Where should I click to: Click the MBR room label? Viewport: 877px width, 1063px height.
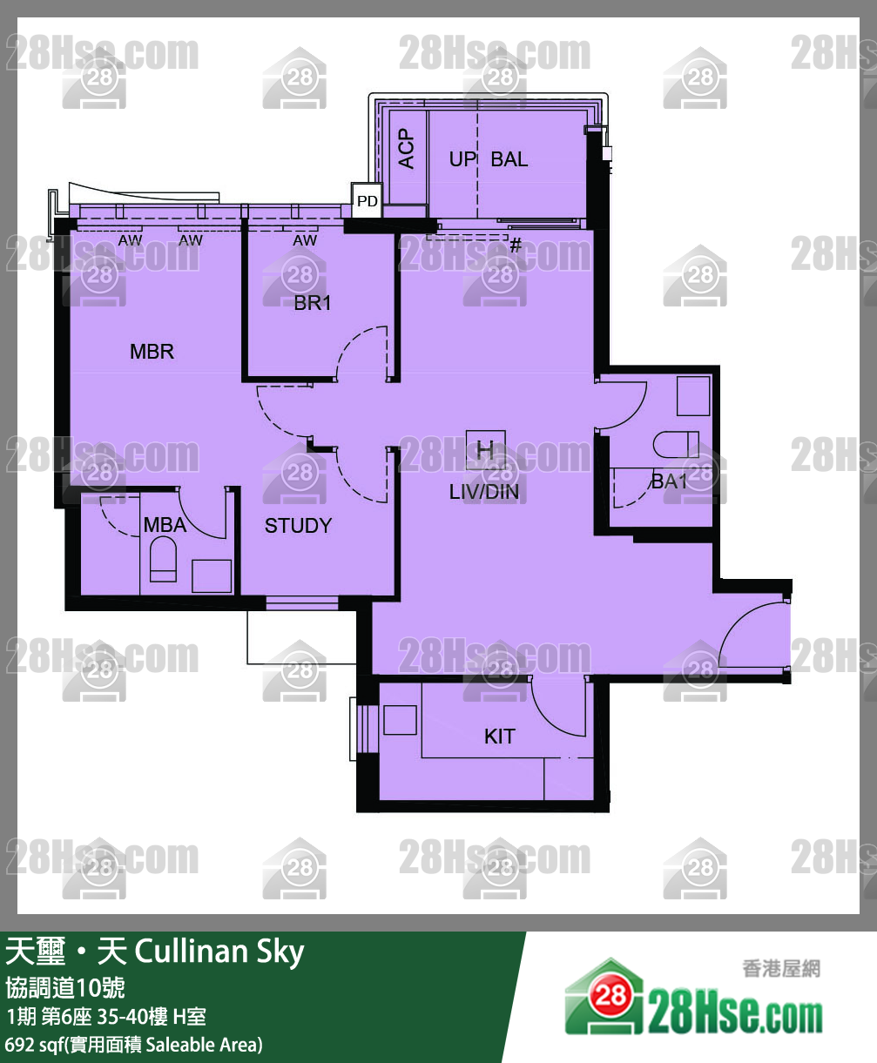(152, 351)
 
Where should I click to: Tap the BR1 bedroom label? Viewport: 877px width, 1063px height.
(312, 303)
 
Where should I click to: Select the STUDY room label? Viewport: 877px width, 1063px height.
(298, 525)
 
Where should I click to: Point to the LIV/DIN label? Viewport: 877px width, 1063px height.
(484, 492)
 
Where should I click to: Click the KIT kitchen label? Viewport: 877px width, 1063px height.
(500, 737)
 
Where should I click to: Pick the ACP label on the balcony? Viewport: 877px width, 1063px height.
(406, 148)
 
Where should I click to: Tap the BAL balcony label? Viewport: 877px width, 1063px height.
(509, 159)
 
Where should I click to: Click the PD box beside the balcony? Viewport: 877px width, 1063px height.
(367, 200)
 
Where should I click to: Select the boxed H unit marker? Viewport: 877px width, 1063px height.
(485, 450)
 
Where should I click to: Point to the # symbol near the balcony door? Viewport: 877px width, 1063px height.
(516, 246)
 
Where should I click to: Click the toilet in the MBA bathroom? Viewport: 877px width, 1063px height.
(163, 560)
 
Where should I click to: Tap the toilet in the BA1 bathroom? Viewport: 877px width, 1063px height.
(676, 444)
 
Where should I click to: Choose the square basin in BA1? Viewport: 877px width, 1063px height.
(692, 396)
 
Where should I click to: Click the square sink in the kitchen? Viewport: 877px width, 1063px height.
(400, 720)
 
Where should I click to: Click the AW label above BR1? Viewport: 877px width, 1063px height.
(305, 240)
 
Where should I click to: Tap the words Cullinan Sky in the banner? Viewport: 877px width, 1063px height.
(219, 952)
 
